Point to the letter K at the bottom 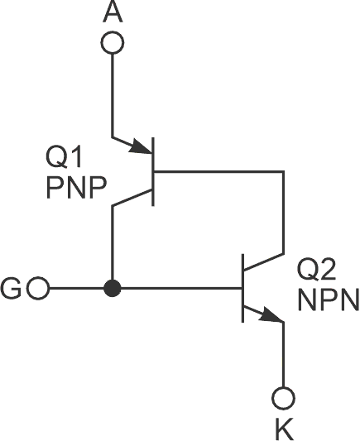284,428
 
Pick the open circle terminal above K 284,399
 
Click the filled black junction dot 113,290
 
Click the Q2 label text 318,269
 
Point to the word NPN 329,299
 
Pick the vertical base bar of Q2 242,289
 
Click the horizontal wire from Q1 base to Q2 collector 219,172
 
